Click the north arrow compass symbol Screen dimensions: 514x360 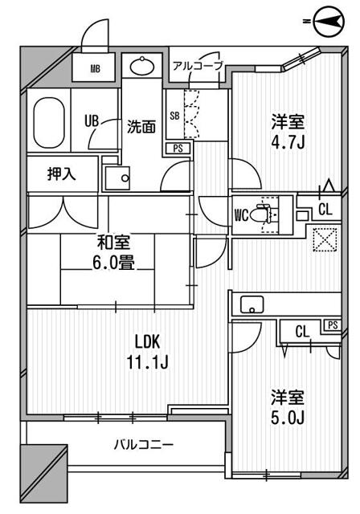328,18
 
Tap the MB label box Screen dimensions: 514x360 95,68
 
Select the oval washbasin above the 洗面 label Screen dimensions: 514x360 145,66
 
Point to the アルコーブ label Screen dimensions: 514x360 195,66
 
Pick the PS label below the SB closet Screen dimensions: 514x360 176,148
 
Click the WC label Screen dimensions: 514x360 240,215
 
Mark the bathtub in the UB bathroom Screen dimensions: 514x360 49,120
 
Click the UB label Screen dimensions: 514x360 92,120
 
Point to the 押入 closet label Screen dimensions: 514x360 62,174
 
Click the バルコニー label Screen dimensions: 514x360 143,443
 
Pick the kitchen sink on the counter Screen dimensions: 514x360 252,304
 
